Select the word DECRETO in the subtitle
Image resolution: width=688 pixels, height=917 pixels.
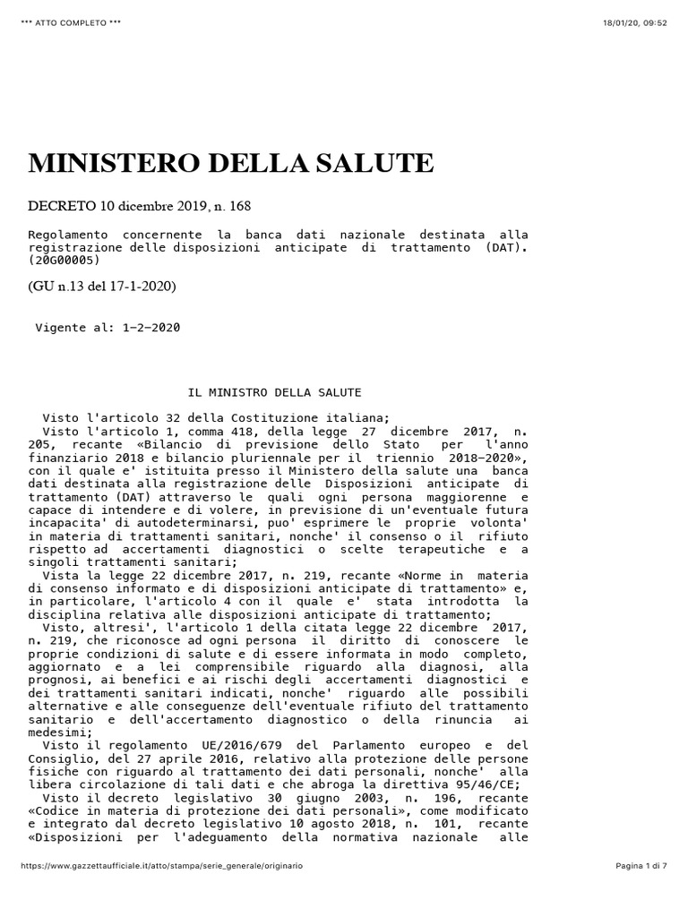[x=62, y=206]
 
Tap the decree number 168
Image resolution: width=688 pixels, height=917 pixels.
[x=239, y=206]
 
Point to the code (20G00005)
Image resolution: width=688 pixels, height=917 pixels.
[x=64, y=261]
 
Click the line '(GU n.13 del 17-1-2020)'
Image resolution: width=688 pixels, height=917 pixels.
[x=103, y=287]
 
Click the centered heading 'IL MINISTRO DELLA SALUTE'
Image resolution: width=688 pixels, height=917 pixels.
[x=274, y=392]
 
